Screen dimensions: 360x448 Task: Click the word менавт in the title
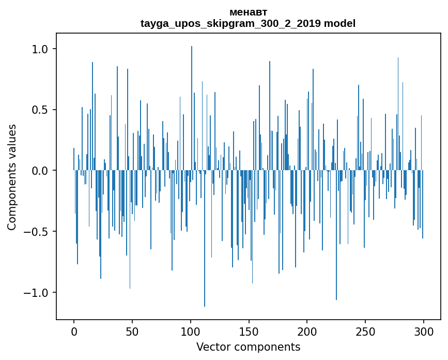pos(248,12)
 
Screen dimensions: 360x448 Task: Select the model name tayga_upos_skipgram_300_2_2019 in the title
pos(231,23)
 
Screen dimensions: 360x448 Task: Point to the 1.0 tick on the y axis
pos(41,49)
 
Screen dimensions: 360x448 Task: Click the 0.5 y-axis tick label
pos(41,110)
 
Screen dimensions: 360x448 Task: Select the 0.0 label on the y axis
pos(41,171)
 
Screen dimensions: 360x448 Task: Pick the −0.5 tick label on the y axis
pos(38,232)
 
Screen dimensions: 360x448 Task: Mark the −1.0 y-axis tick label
pos(38,293)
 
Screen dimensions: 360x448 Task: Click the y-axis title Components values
pos(12,177)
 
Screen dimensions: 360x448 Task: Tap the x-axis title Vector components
pos(248,347)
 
